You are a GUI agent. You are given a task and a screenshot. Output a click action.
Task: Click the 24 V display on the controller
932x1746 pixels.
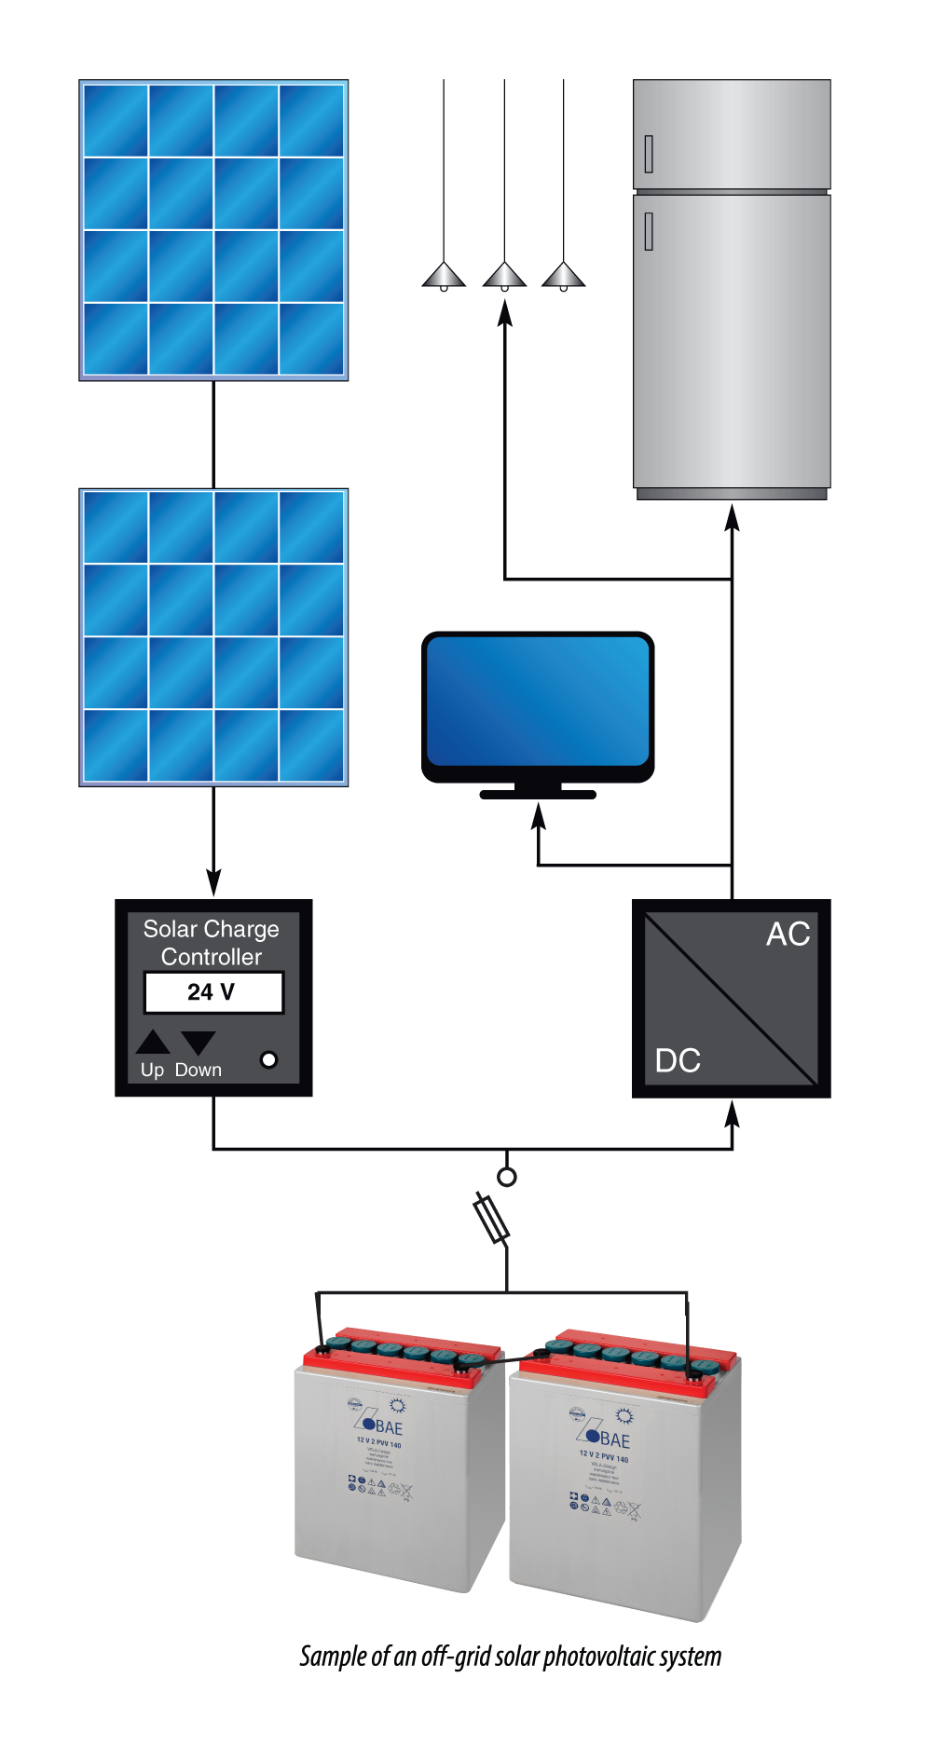pyautogui.click(x=213, y=992)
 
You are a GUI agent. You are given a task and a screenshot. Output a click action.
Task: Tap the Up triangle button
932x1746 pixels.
pyautogui.click(x=153, y=1042)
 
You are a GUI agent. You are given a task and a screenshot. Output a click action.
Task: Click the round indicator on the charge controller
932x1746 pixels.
pyautogui.click(x=268, y=1059)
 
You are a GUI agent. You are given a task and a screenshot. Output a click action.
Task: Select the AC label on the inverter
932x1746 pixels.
pyautogui.click(x=788, y=934)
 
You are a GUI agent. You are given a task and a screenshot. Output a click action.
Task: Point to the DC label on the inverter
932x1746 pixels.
pyautogui.click(x=678, y=1061)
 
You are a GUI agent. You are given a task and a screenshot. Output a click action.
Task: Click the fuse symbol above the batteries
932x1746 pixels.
pyautogui.click(x=490, y=1217)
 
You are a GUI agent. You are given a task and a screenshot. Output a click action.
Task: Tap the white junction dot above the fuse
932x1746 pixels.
pyautogui.click(x=507, y=1177)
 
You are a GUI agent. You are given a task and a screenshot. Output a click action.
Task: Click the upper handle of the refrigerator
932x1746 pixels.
pyautogui.click(x=649, y=154)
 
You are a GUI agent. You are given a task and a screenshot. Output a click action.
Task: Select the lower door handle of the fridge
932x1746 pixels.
pyautogui.click(x=649, y=231)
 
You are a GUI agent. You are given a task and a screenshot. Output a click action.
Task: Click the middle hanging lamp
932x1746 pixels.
pyautogui.click(x=504, y=276)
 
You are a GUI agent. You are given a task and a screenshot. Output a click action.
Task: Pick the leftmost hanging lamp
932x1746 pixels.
pyautogui.click(x=444, y=276)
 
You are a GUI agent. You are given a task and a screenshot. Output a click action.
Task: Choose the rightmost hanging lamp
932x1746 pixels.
pyautogui.click(x=563, y=276)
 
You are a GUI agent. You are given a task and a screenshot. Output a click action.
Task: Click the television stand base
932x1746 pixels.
pyautogui.click(x=538, y=795)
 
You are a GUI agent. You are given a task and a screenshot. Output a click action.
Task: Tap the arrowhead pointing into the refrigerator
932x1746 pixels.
pyautogui.click(x=733, y=517)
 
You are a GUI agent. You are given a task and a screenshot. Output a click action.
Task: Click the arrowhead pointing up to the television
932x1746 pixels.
pyautogui.click(x=538, y=815)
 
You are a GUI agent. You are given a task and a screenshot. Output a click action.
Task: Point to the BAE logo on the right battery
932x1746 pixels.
pyautogui.click(x=608, y=1439)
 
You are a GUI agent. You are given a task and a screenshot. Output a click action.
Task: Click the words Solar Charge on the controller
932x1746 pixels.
pyautogui.click(x=212, y=929)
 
